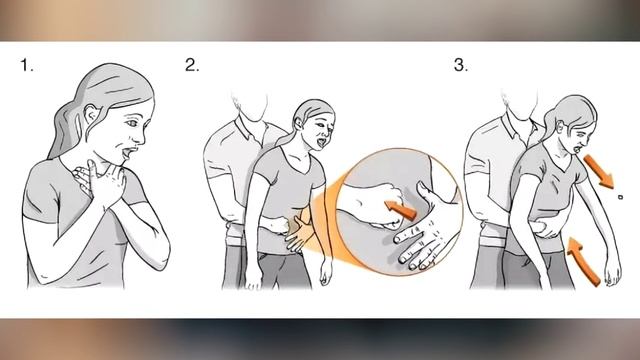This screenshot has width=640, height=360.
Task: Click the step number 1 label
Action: [x=27, y=65]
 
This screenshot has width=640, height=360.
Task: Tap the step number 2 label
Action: [x=192, y=65]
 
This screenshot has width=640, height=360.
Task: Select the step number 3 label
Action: [x=461, y=65]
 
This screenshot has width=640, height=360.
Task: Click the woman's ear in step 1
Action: [x=91, y=113]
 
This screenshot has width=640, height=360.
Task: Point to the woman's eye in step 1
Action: [x=131, y=122]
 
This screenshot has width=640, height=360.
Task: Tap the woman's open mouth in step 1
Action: [x=127, y=153]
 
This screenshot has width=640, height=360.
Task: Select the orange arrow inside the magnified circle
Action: [x=401, y=208]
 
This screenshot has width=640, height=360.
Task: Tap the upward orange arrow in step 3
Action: [x=584, y=261]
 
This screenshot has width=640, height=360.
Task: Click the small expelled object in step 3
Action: [x=620, y=197]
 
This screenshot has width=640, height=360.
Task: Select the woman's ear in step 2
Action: [x=300, y=123]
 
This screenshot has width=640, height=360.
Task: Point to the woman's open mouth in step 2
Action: [x=321, y=142]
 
